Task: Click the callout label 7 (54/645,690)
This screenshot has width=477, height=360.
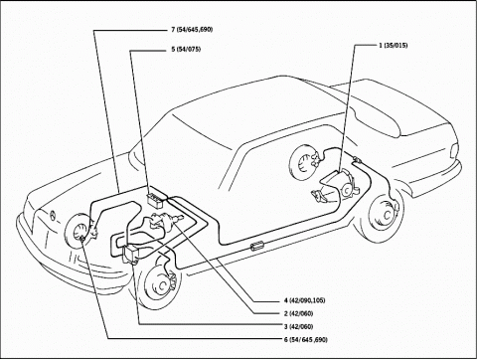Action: click(x=192, y=30)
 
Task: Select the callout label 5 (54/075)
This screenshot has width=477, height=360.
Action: click(x=186, y=50)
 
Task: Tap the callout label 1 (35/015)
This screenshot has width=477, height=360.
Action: click(x=394, y=46)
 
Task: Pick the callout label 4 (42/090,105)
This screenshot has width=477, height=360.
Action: click(x=304, y=300)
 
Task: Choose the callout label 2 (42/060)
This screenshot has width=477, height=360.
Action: click(x=298, y=313)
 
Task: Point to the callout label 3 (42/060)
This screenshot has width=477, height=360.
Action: click(x=298, y=327)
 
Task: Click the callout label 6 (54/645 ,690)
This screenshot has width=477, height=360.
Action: click(x=305, y=340)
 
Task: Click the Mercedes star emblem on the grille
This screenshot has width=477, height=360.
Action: click(x=53, y=215)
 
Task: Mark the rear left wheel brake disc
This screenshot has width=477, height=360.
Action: click(x=385, y=214)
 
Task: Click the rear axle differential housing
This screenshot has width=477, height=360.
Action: click(x=346, y=188)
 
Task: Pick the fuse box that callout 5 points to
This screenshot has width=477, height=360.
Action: click(x=156, y=201)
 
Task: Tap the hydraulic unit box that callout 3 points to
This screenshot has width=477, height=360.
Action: click(x=133, y=253)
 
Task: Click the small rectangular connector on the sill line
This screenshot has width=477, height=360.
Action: click(x=256, y=246)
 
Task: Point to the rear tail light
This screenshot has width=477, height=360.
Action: click(x=454, y=151)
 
